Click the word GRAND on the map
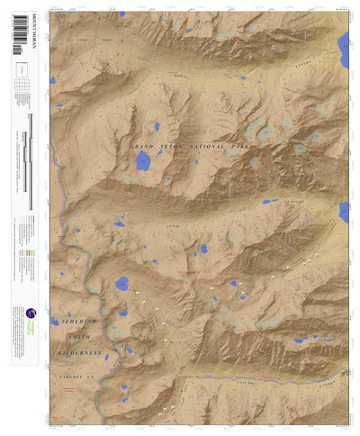[145, 146]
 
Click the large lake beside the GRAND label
[142, 162]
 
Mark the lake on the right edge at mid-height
[344, 213]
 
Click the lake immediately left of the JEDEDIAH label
[55, 321]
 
